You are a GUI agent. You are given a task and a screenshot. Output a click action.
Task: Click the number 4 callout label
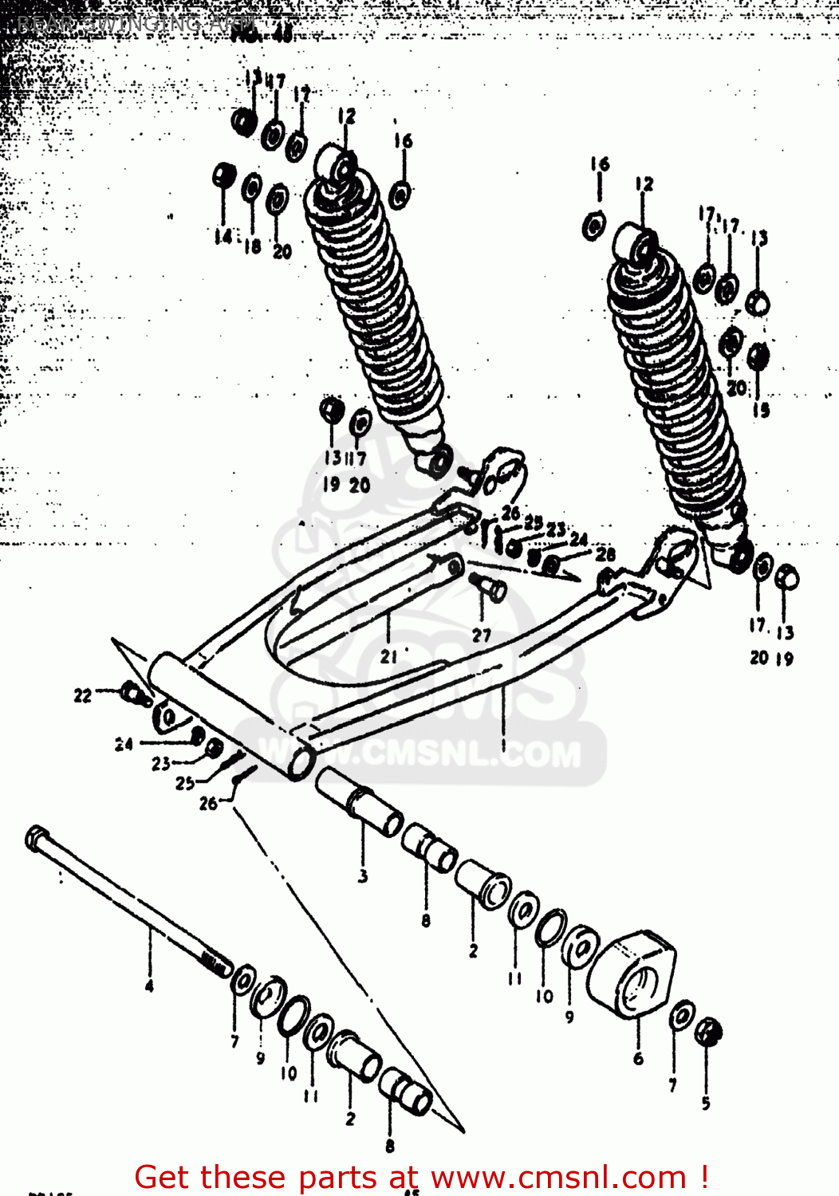(149, 987)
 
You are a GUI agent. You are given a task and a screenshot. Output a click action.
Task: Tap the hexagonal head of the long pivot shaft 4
(37, 837)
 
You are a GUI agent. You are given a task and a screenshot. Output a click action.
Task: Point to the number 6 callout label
(638, 1059)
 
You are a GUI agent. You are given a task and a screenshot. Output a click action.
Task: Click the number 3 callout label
(363, 876)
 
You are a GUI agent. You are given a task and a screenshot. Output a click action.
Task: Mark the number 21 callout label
(388, 657)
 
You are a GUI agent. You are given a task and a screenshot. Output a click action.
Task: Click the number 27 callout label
(481, 635)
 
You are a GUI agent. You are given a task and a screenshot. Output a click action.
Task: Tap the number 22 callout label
(83, 696)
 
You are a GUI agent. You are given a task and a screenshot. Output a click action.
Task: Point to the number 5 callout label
(706, 1104)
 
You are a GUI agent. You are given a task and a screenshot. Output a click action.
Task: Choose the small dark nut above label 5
(707, 1032)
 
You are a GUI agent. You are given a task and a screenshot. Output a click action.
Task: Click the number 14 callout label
(223, 236)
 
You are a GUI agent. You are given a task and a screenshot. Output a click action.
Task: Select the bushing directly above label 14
(223, 175)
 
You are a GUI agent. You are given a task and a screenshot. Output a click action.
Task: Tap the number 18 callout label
(252, 246)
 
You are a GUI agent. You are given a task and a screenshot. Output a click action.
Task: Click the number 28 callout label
(605, 554)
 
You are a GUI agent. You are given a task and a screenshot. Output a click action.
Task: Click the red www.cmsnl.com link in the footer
(562, 1177)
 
